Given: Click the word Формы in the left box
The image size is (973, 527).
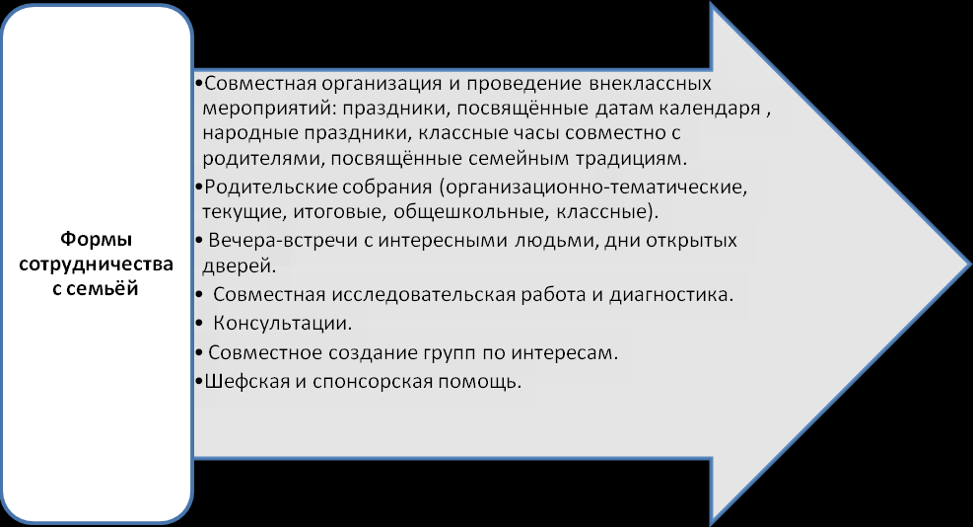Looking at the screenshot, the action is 97,239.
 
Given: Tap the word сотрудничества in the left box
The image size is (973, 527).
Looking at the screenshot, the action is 97,264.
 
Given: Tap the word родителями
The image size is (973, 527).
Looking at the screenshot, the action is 262,159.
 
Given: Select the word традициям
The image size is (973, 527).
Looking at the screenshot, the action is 631,159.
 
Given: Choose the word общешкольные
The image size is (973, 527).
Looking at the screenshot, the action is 471,212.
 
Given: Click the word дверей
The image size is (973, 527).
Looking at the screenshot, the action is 239,266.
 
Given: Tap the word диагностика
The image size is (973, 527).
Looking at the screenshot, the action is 670,294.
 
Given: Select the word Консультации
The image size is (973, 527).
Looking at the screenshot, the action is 282,323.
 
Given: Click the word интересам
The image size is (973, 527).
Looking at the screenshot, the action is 564,353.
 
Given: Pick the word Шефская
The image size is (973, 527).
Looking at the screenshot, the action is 247,381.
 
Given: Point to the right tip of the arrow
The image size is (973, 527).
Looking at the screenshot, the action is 970,263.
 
